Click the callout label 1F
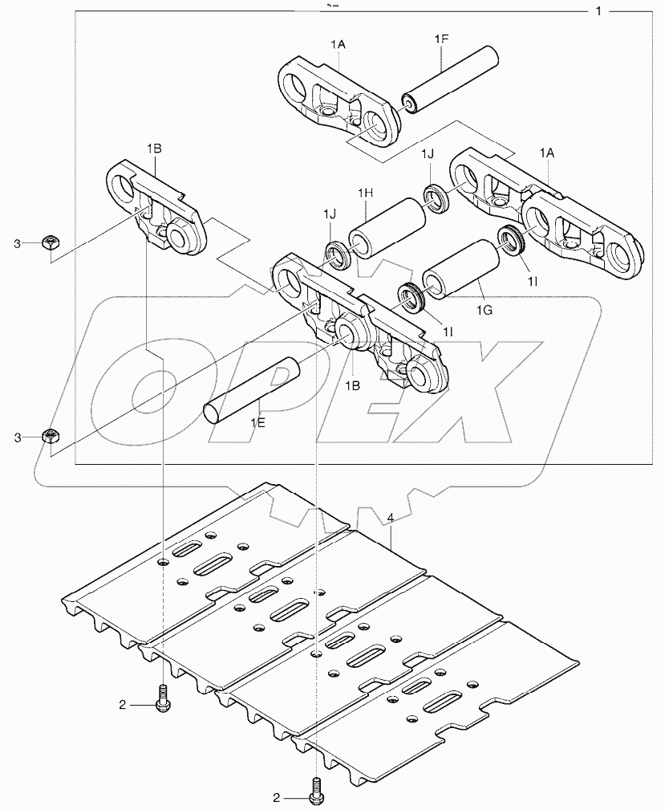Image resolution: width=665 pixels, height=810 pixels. point(442,39)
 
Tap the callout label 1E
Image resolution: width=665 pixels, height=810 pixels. point(257,423)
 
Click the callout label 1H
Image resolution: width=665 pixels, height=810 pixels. point(366,193)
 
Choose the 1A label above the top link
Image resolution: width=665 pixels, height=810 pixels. point(339,46)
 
